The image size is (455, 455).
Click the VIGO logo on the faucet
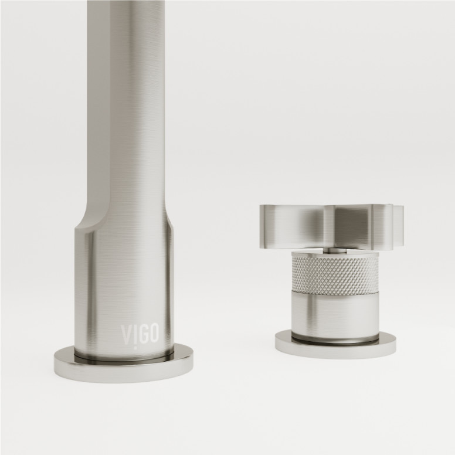point(140,334)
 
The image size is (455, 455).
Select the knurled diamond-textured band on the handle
point(335,273)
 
